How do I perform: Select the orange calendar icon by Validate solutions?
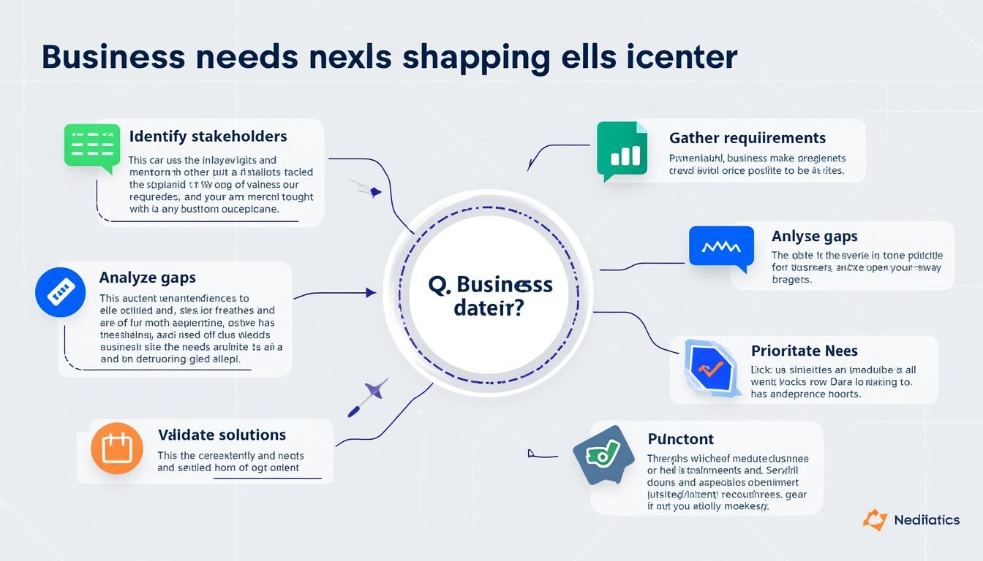[x=116, y=448]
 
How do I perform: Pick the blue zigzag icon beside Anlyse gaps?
[x=720, y=246]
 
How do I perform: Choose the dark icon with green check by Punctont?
[x=603, y=454]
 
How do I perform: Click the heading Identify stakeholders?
[x=208, y=137]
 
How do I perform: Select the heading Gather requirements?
[x=747, y=138]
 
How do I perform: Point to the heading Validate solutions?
[x=222, y=435]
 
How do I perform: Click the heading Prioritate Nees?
[x=805, y=351]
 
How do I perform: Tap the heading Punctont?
[x=680, y=439]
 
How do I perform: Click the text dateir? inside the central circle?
[x=489, y=308]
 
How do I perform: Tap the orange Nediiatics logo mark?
[x=875, y=519]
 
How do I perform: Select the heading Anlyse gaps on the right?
[x=814, y=237]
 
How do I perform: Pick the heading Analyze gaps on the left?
[x=147, y=278]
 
